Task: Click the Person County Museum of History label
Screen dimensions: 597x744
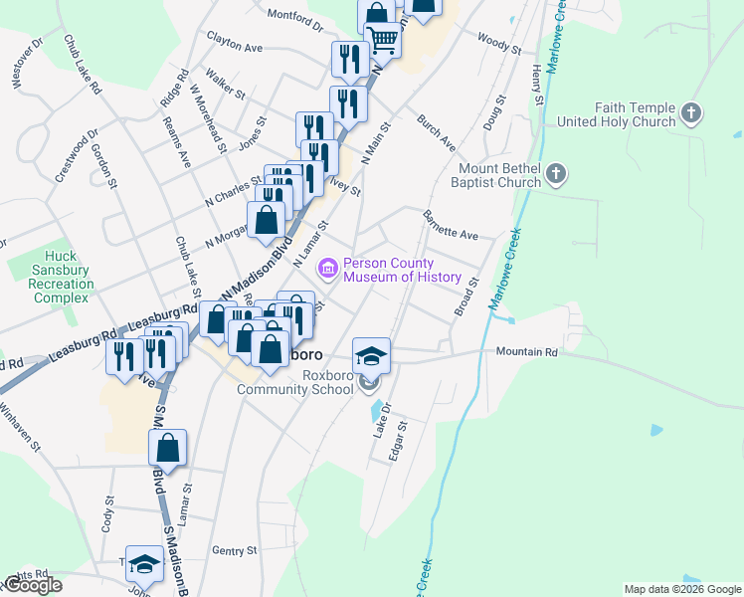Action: [402, 271]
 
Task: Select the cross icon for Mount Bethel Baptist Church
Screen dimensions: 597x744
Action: [557, 175]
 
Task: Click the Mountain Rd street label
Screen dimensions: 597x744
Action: [526, 352]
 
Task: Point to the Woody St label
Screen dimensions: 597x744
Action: [498, 42]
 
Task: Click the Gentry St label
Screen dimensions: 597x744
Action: [235, 550]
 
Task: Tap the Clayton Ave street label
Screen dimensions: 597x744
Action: [235, 46]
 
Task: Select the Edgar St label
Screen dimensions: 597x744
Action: [397, 444]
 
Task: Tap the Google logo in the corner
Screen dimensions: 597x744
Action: [32, 585]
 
